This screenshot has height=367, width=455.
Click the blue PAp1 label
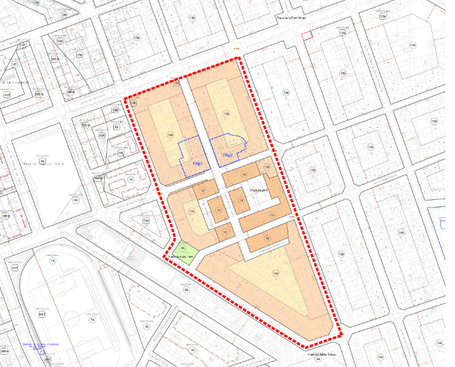coord(198,165)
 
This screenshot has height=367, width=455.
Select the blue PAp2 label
coord(227,156)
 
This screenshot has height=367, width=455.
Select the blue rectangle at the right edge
coord(443,223)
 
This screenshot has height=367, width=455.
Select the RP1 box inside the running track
coord(42,315)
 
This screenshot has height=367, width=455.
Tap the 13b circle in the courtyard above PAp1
coord(170,135)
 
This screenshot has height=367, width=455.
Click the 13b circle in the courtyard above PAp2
coord(226,114)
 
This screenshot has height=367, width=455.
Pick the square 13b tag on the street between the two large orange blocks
coord(177,83)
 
